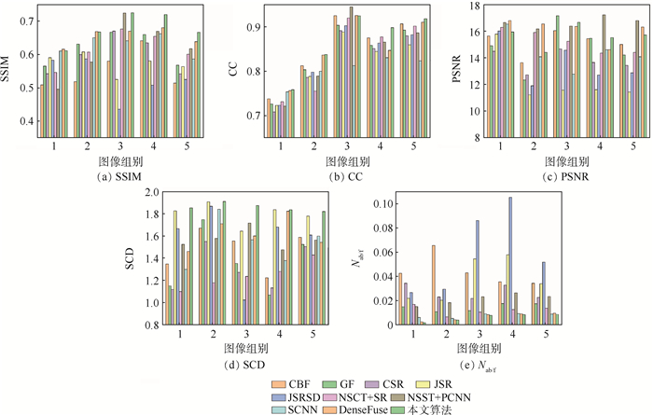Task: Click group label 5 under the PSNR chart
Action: pos(633,146)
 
